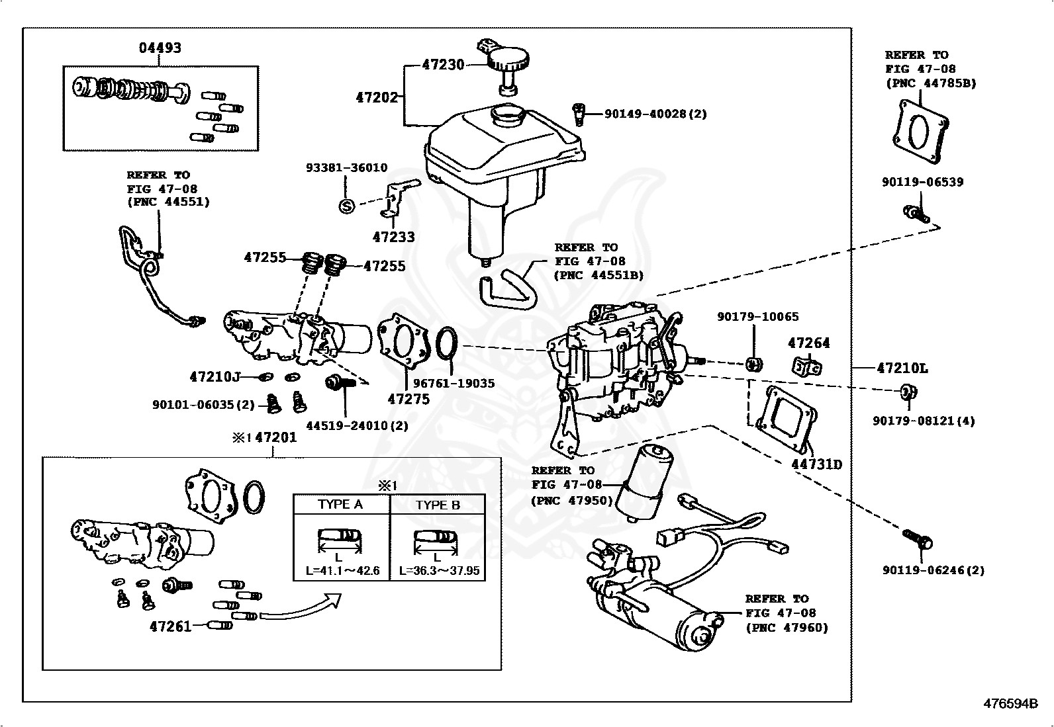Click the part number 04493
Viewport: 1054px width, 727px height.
(x=160, y=48)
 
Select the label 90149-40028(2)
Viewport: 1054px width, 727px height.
(x=655, y=114)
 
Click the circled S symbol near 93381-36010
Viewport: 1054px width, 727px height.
(x=346, y=206)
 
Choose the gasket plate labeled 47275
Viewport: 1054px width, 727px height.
(x=401, y=340)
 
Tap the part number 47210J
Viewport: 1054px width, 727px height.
(x=214, y=377)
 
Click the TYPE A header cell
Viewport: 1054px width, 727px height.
(x=340, y=504)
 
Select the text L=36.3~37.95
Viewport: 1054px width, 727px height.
(x=438, y=570)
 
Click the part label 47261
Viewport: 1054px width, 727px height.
(x=170, y=626)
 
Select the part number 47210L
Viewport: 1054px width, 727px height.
(x=902, y=368)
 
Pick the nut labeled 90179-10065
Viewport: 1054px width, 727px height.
(x=753, y=363)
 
